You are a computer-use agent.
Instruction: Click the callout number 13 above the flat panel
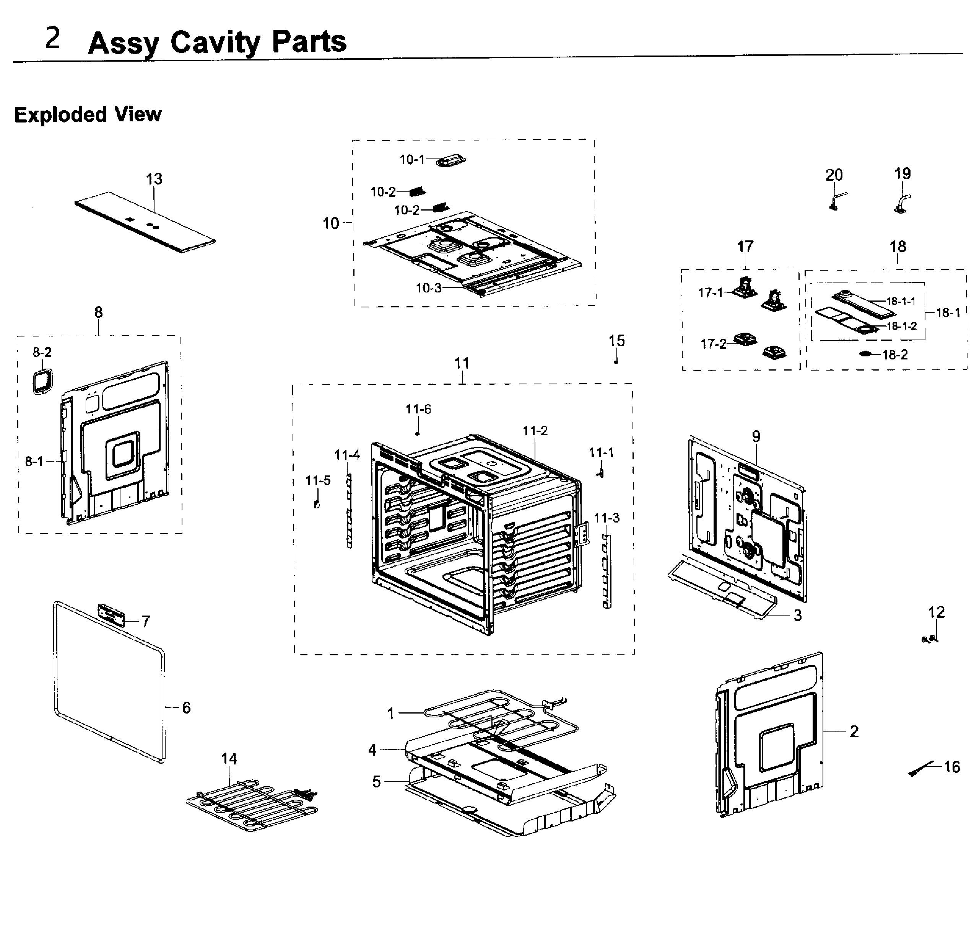click(x=154, y=179)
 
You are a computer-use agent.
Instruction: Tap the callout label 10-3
click(x=428, y=288)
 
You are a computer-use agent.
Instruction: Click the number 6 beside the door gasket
click(x=186, y=707)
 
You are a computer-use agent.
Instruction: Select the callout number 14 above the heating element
click(x=229, y=759)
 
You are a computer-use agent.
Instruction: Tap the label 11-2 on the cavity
click(x=535, y=431)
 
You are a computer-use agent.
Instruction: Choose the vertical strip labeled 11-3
click(x=607, y=572)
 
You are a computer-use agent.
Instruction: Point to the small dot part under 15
click(x=616, y=362)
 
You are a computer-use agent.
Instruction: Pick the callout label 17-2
click(x=713, y=344)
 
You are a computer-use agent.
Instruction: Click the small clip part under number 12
click(x=929, y=640)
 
